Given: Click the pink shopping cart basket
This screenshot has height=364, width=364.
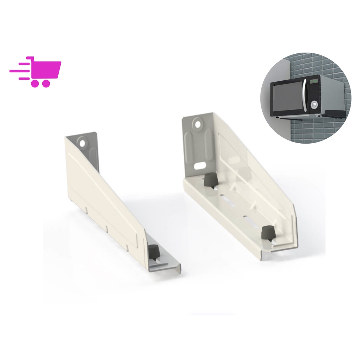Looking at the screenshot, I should pos(46,70).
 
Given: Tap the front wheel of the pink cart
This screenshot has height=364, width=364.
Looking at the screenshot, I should pos(45,84).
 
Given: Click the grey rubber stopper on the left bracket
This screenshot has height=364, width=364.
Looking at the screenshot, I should pos(153,251).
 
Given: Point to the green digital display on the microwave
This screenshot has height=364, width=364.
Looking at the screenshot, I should pos(314,81).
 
